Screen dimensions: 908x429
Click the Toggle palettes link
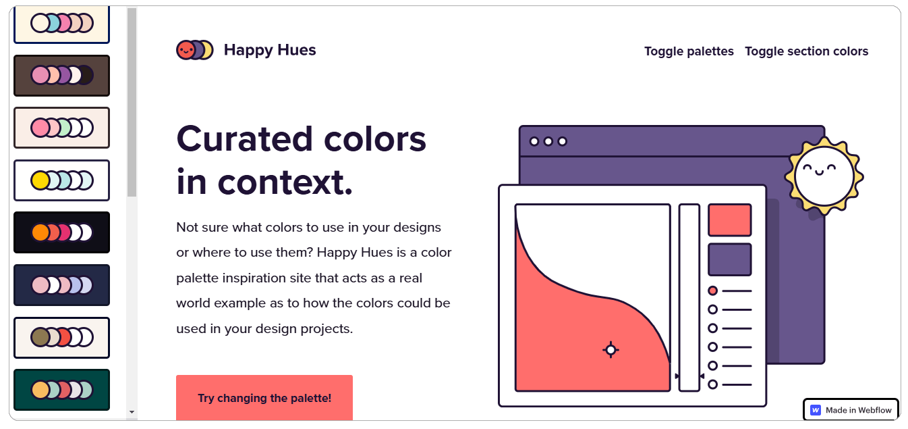coord(689,51)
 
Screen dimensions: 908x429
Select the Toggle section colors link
coord(806,51)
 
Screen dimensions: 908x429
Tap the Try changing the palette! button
coord(264,398)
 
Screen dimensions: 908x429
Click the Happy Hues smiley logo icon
coord(194,50)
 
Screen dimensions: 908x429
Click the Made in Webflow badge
coord(851,410)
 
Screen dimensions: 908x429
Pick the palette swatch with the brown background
coord(61,76)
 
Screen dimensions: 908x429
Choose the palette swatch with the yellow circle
coord(61,180)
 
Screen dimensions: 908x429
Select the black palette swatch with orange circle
coord(61,232)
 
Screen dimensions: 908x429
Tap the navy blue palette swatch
coord(61,285)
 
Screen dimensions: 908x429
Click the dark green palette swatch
coord(61,390)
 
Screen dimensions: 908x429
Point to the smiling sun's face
coord(824,176)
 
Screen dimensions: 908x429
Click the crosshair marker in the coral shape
coord(611,350)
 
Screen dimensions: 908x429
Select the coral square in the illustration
coord(730,220)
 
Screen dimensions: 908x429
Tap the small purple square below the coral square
coord(730,259)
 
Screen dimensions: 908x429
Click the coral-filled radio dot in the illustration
coord(712,291)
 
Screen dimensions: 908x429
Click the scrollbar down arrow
coord(132,412)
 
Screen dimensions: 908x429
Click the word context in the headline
coord(285,182)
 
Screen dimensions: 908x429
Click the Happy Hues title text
coord(270,50)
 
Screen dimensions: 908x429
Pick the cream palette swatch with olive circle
coord(61,338)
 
